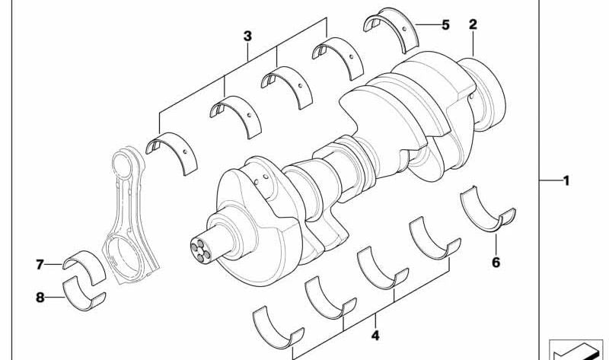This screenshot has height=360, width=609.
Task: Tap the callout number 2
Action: click(473, 25)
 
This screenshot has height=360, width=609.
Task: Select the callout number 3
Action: click(247, 36)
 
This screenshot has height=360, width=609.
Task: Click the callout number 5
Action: click(445, 25)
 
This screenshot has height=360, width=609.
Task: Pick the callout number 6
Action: click(496, 263)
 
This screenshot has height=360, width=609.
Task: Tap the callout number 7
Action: click(40, 265)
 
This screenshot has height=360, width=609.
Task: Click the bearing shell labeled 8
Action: click(85, 294)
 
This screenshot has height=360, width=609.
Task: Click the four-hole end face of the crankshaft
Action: click(196, 251)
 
